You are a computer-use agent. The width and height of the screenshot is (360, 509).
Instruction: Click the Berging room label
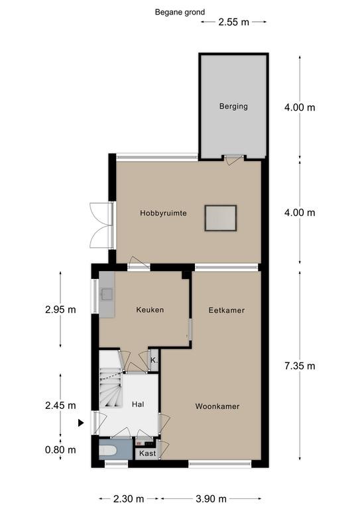pyautogui.click(x=233, y=107)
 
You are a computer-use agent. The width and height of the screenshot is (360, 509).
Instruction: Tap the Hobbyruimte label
pyautogui.click(x=163, y=213)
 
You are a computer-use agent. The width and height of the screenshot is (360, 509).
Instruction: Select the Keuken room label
pyautogui.click(x=150, y=310)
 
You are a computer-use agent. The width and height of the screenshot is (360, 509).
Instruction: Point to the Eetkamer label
pyautogui.click(x=227, y=310)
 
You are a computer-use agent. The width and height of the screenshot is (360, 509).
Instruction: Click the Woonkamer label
pyautogui.click(x=217, y=406)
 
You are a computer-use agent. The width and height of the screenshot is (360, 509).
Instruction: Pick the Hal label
pyautogui.click(x=138, y=404)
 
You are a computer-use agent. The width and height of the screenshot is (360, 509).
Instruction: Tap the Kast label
pyautogui.click(x=148, y=453)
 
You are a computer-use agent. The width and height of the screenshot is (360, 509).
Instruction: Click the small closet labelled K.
pyautogui.click(x=154, y=361)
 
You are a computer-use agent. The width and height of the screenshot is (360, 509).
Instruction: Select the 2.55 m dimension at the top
pyautogui.click(x=234, y=22)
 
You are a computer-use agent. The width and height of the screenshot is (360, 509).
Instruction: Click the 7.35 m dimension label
pyautogui.click(x=300, y=366)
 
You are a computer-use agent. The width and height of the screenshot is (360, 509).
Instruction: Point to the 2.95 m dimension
pyautogui.click(x=61, y=310)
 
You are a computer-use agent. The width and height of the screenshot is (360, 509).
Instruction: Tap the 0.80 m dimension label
pyautogui.click(x=61, y=450)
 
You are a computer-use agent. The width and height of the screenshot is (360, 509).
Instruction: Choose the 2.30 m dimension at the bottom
pyautogui.click(x=129, y=498)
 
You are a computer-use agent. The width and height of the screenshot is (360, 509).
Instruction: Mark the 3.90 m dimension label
pyautogui.click(x=211, y=498)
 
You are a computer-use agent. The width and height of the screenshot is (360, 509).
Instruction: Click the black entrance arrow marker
pyautogui.click(x=81, y=423)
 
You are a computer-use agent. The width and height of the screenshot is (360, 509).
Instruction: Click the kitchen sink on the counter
pyautogui.click(x=107, y=294)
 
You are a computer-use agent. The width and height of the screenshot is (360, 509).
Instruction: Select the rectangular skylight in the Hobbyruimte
pyautogui.click(x=220, y=218)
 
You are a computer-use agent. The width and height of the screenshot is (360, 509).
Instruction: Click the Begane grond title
pyautogui.click(x=180, y=13)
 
